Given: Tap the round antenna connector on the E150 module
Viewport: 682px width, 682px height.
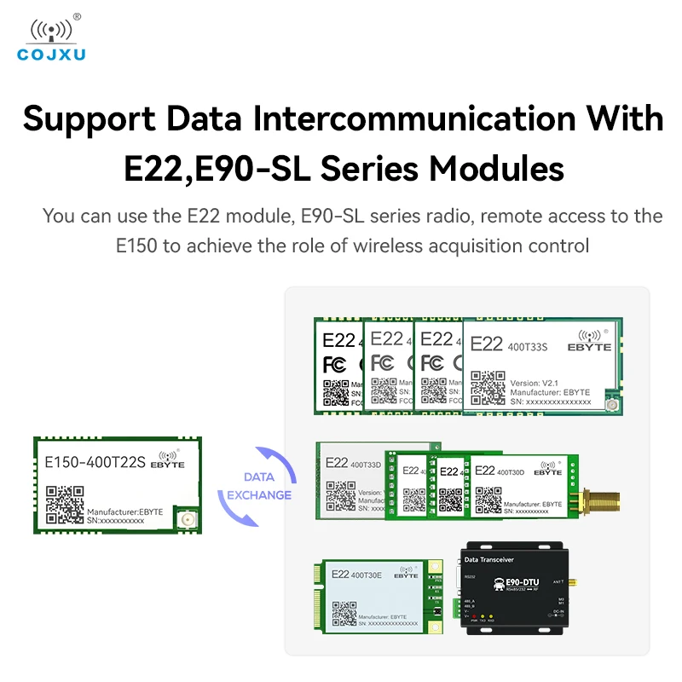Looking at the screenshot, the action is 185,517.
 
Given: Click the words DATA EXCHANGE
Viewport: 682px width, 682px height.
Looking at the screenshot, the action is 259,486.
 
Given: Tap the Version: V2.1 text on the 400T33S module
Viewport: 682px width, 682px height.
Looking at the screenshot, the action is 536,383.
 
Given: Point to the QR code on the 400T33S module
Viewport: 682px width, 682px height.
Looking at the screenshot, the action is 488,387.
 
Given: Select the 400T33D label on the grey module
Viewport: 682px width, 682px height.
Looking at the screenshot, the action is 366,465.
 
